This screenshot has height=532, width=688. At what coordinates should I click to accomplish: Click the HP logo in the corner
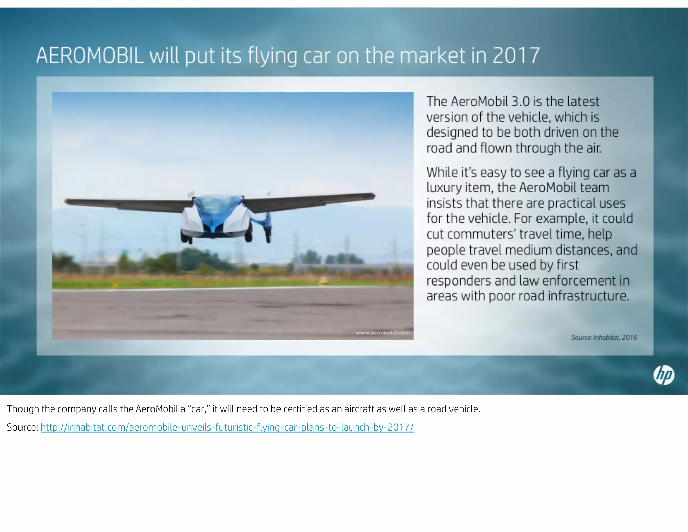pos(663,375)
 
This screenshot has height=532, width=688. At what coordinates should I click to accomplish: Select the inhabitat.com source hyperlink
pos(227,427)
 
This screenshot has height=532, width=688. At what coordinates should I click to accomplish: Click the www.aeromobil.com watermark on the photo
pos(382,333)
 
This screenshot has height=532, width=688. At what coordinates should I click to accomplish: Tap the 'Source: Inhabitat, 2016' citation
pos(604,337)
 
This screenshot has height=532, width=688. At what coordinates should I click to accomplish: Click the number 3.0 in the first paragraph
pos(520,101)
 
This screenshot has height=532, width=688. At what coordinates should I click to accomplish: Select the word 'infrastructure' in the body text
pos(588,296)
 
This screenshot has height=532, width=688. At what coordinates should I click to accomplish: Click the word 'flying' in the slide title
pos(272,56)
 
